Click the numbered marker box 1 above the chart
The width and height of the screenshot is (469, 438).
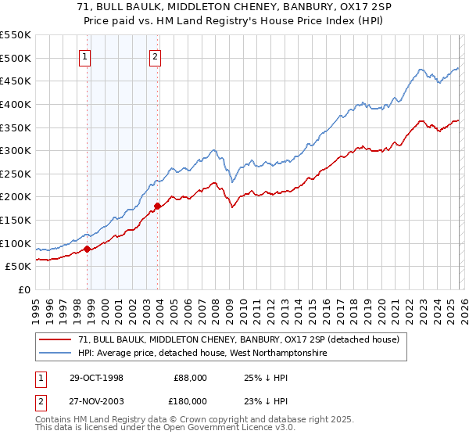click(84, 56)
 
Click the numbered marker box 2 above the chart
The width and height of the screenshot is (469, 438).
click(156, 56)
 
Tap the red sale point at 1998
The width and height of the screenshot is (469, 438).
click(88, 249)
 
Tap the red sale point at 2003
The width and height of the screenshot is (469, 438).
click(157, 206)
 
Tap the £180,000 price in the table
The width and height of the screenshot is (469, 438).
click(189, 401)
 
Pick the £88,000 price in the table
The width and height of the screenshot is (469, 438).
click(191, 378)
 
